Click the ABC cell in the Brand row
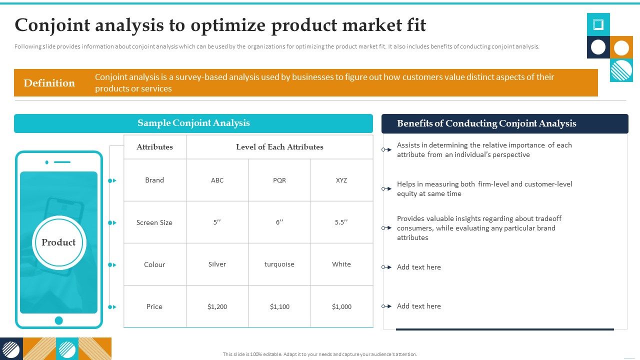[217, 180]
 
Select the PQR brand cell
[279, 180]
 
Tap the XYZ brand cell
[341, 180]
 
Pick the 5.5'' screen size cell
[341, 222]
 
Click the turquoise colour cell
[279, 264]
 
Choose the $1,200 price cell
[217, 306]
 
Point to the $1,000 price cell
[341, 306]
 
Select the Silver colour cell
[217, 264]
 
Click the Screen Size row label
[154, 222]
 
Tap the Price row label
[154, 306]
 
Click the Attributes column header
[154, 147]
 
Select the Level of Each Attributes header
[279, 147]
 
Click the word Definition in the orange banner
[49, 83]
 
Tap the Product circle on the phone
[58, 242]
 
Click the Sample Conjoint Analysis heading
[193, 123]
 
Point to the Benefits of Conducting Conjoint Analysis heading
[486, 123]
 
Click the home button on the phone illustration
[58, 320]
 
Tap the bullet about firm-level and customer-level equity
[484, 189]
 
